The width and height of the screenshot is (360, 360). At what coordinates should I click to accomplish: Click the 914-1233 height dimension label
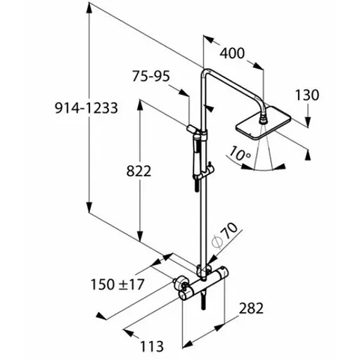pyautogui.click(x=86, y=108)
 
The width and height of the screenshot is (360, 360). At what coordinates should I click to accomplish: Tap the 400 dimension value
pyautogui.click(x=232, y=53)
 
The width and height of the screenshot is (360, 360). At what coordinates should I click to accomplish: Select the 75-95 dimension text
pyautogui.click(x=150, y=76)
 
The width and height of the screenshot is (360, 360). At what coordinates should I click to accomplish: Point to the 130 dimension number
pyautogui.click(x=307, y=95)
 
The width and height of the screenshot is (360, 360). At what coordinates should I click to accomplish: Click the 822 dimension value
pyautogui.click(x=139, y=171)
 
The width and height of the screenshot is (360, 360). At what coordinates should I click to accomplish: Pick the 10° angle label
pyautogui.click(x=240, y=153)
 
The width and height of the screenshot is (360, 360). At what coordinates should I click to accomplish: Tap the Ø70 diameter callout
pyautogui.click(x=224, y=235)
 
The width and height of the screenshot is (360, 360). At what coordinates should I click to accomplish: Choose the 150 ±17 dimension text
pyautogui.click(x=117, y=285)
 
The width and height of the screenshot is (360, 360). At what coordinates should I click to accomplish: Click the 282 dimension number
pyautogui.click(x=251, y=308)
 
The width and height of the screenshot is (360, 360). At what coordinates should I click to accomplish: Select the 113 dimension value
pyautogui.click(x=152, y=346)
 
